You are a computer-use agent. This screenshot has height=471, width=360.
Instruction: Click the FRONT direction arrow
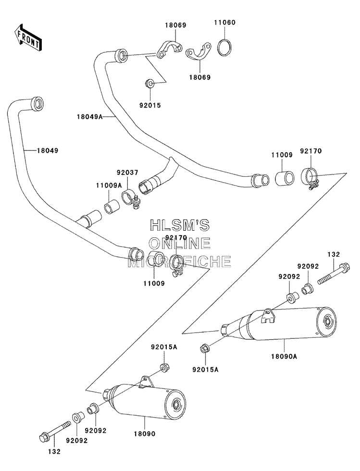[x=27, y=37]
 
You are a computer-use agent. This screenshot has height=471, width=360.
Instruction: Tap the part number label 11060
[x=225, y=23]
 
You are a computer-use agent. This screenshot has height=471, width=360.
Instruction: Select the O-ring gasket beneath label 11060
[x=225, y=47]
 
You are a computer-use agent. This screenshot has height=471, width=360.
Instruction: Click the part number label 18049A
[x=89, y=116]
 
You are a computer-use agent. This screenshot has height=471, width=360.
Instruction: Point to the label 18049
[x=48, y=150]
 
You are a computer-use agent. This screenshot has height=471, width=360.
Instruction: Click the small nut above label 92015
[x=149, y=83]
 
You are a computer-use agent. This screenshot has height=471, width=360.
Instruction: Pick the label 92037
[x=127, y=173]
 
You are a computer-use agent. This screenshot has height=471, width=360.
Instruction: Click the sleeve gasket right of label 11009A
[x=112, y=206]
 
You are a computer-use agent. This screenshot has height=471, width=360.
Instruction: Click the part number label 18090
[x=145, y=434]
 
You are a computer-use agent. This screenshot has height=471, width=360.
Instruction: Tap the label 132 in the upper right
[x=334, y=254]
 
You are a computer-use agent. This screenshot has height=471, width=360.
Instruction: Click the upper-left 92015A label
[x=164, y=347]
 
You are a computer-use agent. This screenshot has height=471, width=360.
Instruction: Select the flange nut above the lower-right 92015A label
[x=205, y=348]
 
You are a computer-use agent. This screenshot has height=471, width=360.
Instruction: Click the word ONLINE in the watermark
[x=180, y=243]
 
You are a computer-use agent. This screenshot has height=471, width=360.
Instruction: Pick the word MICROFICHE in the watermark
[x=180, y=261]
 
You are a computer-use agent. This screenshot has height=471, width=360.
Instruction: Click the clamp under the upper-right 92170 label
[x=310, y=178]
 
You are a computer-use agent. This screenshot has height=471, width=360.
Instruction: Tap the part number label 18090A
[x=284, y=356]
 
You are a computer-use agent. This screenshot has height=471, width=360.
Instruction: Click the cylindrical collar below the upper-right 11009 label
[x=285, y=177]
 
